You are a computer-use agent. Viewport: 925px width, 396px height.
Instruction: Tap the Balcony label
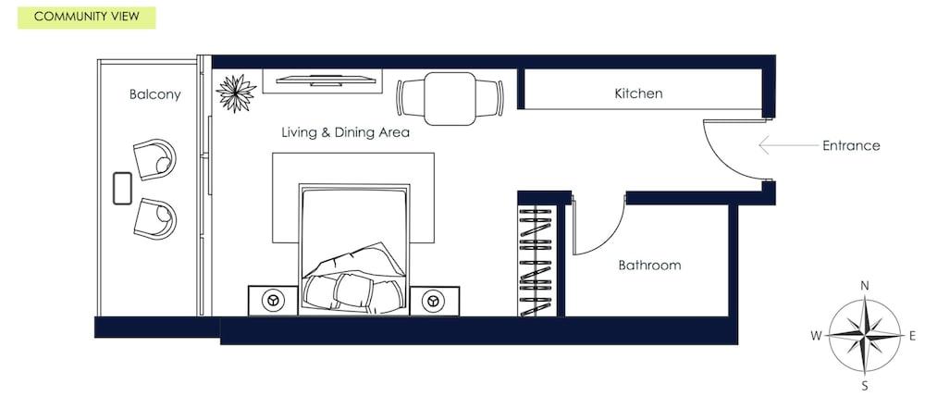point(154,94)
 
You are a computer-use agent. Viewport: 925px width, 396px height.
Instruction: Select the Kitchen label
point(638,93)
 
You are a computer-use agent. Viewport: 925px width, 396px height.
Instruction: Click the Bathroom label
point(649,265)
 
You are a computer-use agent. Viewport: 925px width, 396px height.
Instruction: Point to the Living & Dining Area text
point(345,132)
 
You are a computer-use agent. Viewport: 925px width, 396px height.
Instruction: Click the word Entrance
point(850,145)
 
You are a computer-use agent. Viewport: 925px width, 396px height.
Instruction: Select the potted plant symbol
point(236,93)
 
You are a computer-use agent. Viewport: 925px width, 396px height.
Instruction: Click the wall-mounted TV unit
point(322,80)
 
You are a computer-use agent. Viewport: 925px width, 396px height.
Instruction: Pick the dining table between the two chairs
point(450,98)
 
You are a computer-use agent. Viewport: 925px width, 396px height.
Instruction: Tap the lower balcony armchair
point(154,218)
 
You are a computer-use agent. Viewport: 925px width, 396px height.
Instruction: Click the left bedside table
point(273,301)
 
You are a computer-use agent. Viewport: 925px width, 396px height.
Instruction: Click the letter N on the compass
point(865,286)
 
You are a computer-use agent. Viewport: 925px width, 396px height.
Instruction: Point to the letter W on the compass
point(816,336)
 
